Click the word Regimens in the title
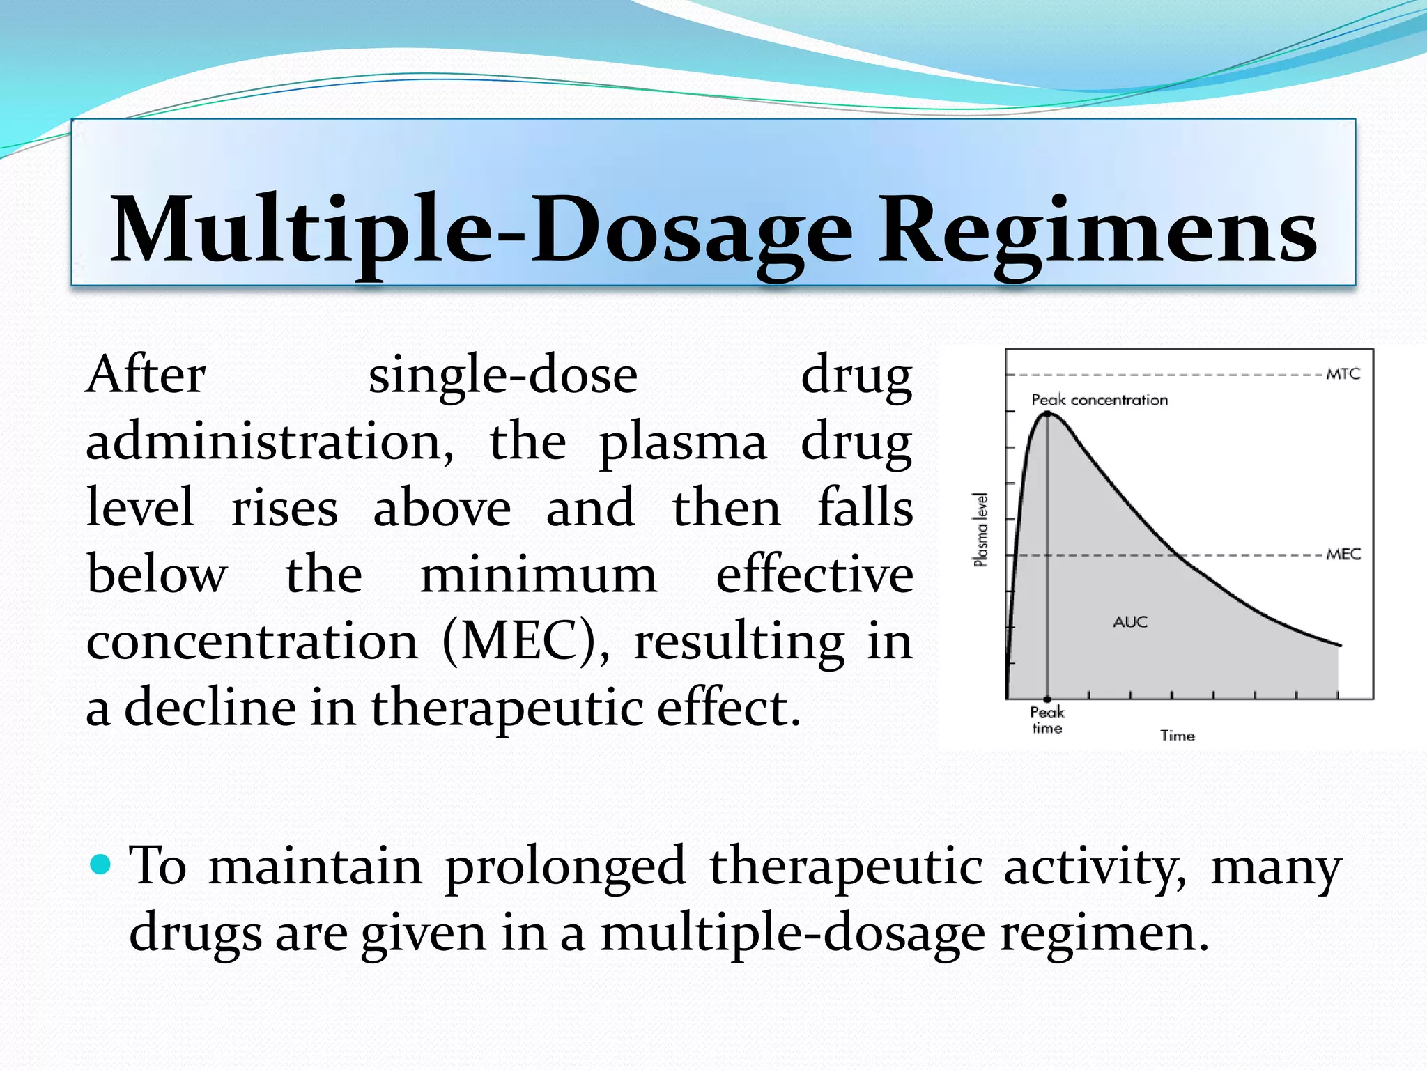click(1097, 230)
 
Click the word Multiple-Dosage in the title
click(481, 230)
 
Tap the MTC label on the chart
click(1343, 374)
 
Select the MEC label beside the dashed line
click(1343, 555)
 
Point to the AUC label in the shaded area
click(1129, 622)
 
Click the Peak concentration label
click(1100, 400)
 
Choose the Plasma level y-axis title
click(980, 529)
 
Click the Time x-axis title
click(1177, 736)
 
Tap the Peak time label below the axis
click(1047, 720)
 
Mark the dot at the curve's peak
click(1047, 414)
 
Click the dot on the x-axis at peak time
click(1047, 699)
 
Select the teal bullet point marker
click(101, 864)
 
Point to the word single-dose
click(502, 376)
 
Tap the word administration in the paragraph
click(269, 442)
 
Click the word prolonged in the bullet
click(565, 866)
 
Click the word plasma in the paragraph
click(682, 442)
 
